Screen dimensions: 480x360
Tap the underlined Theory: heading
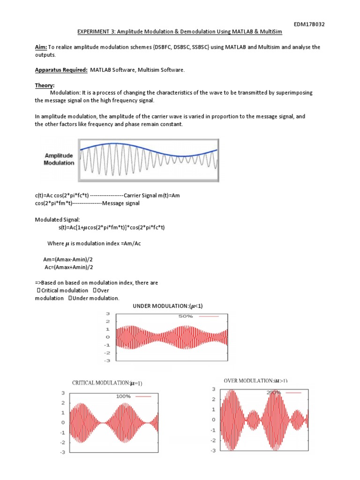(45, 85)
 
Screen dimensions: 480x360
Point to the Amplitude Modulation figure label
(59, 159)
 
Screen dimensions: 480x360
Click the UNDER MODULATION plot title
(168, 306)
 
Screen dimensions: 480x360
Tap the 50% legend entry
(186, 316)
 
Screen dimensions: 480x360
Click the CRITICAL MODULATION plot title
(107, 383)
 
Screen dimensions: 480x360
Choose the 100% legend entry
(123, 397)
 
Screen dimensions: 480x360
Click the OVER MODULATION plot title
(255, 381)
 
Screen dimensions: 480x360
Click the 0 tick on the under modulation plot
(108, 337)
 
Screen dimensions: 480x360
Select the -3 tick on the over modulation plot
(212, 450)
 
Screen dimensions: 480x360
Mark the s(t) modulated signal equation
(112, 227)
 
